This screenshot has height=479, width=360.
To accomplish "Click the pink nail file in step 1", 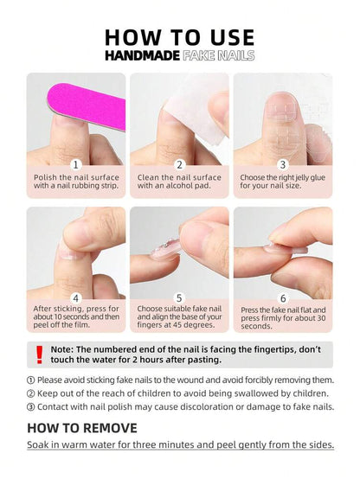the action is click(87, 105).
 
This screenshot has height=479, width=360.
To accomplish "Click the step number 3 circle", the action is click(283, 165).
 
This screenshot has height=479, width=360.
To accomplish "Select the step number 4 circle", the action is click(76, 298).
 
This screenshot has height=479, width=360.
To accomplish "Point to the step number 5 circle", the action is click(179, 298).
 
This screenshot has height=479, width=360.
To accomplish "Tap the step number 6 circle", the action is click(283, 298).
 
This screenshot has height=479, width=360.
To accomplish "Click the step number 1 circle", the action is click(76, 165).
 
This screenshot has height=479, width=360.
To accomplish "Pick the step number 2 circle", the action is click(179, 165).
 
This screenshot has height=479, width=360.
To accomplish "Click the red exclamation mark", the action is click(39, 354).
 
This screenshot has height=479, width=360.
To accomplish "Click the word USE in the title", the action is click(233, 38).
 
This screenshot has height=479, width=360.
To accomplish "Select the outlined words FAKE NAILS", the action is click(218, 55).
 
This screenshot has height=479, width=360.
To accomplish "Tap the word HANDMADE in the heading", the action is click(142, 55).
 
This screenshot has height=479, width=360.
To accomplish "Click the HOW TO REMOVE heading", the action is click(82, 428).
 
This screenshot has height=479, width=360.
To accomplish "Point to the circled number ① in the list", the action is click(31, 380).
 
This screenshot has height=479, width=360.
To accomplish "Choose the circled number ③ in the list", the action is click(31, 407).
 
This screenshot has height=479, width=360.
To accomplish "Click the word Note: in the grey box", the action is click(62, 349).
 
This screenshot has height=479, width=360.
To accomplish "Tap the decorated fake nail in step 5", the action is click(165, 249).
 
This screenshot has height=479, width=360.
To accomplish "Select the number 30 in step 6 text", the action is click(321, 318).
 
